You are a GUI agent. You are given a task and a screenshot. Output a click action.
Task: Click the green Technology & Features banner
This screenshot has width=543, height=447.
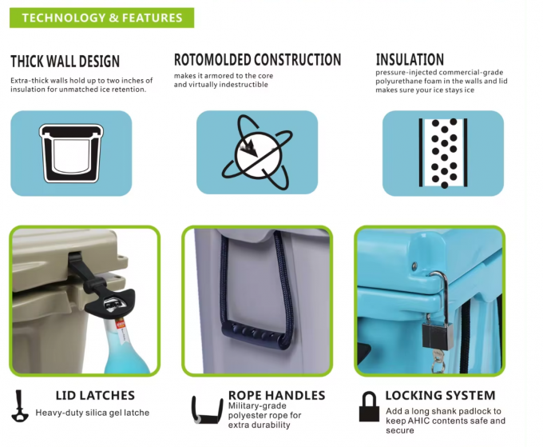click(x=102, y=18)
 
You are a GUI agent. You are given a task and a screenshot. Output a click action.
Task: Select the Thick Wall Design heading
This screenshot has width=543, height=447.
click(x=65, y=62)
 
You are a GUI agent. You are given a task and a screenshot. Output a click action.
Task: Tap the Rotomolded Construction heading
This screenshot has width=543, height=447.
click(x=257, y=60)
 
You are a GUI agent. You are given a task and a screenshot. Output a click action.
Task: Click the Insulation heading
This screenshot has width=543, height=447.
click(x=410, y=60)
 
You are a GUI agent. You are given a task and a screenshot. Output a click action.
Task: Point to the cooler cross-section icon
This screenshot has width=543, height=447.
click(x=71, y=154)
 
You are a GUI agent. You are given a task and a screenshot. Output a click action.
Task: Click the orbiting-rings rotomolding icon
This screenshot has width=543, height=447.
click(x=257, y=153)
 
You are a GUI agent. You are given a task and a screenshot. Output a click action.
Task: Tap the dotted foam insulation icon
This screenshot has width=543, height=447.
click(x=443, y=153)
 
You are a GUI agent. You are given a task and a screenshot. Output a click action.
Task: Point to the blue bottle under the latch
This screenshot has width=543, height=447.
click(x=125, y=347)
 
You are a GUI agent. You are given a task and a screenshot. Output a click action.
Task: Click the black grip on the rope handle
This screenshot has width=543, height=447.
click(x=256, y=334)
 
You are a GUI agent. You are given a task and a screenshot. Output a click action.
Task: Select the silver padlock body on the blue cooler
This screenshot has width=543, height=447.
click(x=438, y=336)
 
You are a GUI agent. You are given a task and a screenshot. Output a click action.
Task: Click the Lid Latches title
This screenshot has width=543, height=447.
click(x=95, y=395)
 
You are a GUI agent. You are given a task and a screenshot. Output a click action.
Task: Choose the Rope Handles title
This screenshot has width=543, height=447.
click(x=277, y=395)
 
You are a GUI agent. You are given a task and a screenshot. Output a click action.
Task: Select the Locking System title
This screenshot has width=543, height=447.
click(x=441, y=395)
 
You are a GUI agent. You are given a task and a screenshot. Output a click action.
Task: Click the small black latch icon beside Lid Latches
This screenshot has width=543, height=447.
click(x=20, y=405)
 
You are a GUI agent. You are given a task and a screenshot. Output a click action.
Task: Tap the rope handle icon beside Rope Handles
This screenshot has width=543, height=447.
click(x=207, y=411)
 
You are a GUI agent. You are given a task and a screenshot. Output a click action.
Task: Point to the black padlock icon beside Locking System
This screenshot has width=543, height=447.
click(x=369, y=406)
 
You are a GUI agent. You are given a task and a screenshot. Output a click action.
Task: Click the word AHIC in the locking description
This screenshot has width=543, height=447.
click(x=418, y=421)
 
